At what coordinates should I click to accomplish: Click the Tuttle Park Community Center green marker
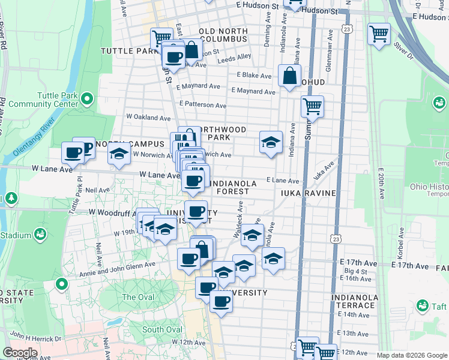tap(88, 98)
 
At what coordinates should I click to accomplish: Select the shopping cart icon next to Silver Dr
tap(379, 34)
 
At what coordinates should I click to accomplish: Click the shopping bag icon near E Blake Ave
tap(290, 76)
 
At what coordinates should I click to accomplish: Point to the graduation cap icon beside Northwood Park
tap(271, 142)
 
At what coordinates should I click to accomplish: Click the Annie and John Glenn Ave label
tap(117, 269)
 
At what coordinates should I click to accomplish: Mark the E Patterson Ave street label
tap(203, 104)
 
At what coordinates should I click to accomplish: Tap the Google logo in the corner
tap(20, 353)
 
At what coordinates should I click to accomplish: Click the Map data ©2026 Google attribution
tap(412, 355)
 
